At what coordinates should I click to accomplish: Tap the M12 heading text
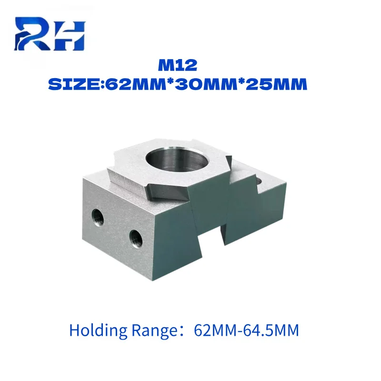pyautogui.click(x=178, y=65)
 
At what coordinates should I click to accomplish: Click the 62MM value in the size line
pyautogui.click(x=136, y=85)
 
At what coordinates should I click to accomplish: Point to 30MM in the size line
pyautogui.click(x=206, y=85)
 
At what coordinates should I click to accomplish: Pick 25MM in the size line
pyautogui.click(x=277, y=85)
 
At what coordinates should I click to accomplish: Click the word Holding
pyautogui.click(x=98, y=331)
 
